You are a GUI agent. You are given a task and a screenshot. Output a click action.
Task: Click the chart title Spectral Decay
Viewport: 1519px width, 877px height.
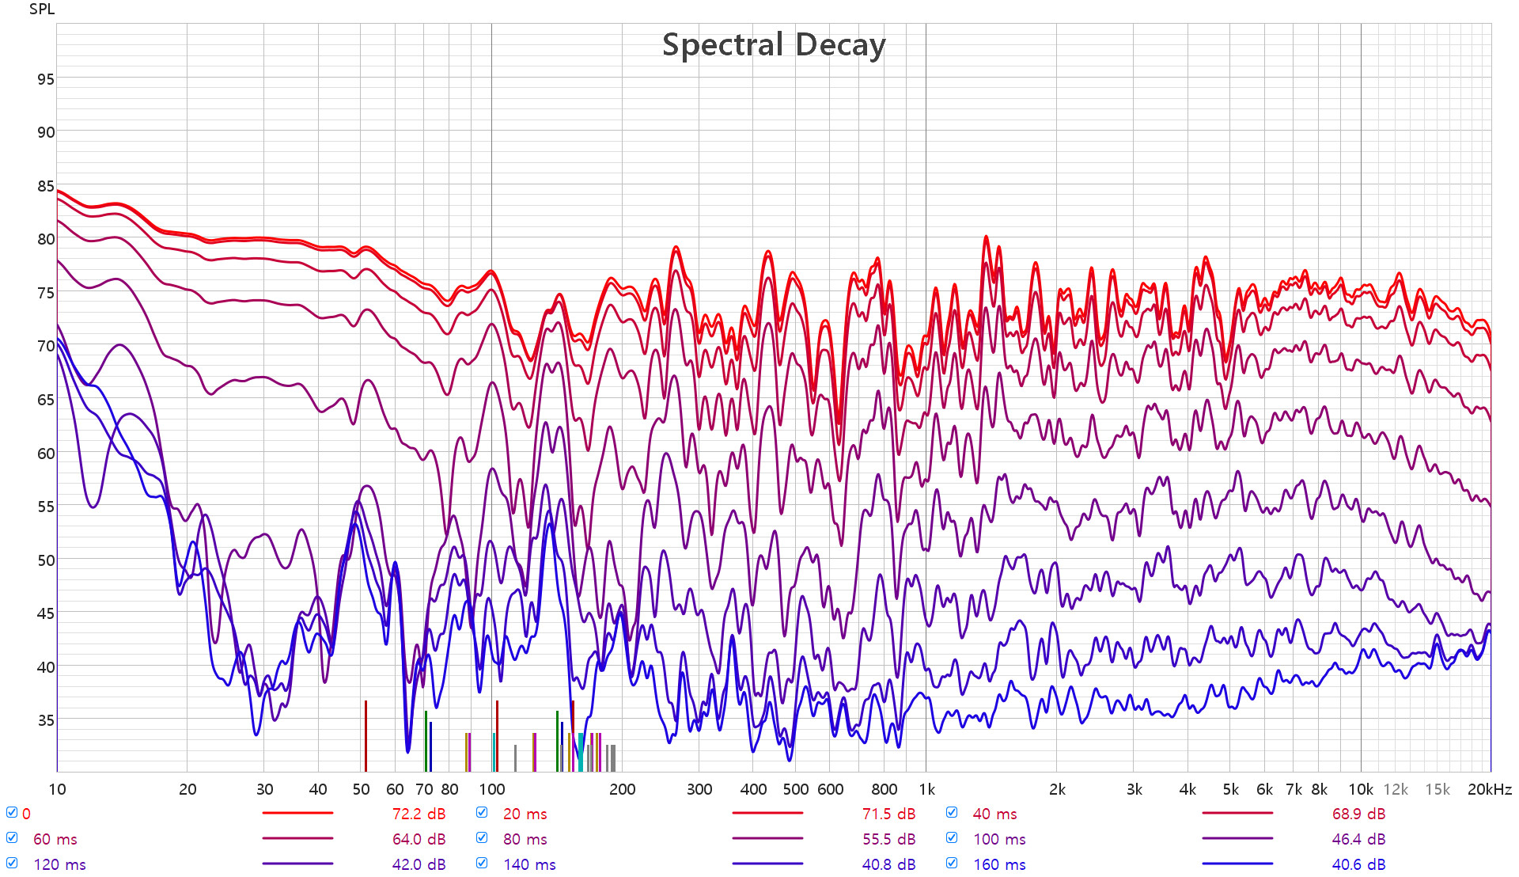pos(773,45)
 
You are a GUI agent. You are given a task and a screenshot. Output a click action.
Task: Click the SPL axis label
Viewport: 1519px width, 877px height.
pos(42,9)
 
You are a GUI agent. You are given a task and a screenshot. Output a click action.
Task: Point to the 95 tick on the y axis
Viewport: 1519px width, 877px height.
pos(46,79)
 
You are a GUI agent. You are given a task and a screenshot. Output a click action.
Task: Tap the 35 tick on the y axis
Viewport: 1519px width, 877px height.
pos(46,720)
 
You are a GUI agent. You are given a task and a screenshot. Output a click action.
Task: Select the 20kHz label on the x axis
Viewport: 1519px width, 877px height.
pos(1489,789)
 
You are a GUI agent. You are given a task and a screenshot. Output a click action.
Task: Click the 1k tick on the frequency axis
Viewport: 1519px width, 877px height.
pos(926,789)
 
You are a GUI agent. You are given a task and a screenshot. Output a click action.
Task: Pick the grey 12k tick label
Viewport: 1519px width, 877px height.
pos(1396,789)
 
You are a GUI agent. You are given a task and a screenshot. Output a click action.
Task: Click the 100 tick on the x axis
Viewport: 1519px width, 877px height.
pos(491,789)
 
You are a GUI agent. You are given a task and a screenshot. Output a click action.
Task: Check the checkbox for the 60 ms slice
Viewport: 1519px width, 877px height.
pos(12,838)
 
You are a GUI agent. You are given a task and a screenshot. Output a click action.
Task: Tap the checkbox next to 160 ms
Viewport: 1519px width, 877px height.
pos(952,864)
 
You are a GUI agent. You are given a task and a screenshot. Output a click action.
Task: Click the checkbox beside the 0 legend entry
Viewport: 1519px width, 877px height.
pos(12,813)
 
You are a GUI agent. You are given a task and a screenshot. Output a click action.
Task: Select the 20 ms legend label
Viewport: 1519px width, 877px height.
pos(525,814)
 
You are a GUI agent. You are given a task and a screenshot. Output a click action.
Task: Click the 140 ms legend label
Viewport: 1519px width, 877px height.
pos(529,864)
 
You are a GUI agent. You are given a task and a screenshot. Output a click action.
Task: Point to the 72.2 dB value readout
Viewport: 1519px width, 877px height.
pos(419,814)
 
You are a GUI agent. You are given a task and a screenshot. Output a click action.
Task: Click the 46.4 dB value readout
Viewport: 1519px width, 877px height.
pos(1358,839)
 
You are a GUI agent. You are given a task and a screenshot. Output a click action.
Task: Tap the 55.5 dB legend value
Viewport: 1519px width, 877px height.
pos(888,839)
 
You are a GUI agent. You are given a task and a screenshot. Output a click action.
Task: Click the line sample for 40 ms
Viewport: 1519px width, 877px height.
pos(1237,813)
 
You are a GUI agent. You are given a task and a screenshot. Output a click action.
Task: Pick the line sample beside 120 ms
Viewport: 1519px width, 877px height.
pos(297,864)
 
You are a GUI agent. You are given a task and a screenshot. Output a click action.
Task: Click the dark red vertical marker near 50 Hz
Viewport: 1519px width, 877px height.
pos(366,736)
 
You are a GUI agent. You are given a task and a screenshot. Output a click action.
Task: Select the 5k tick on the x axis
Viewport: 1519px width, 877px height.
pos(1230,789)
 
